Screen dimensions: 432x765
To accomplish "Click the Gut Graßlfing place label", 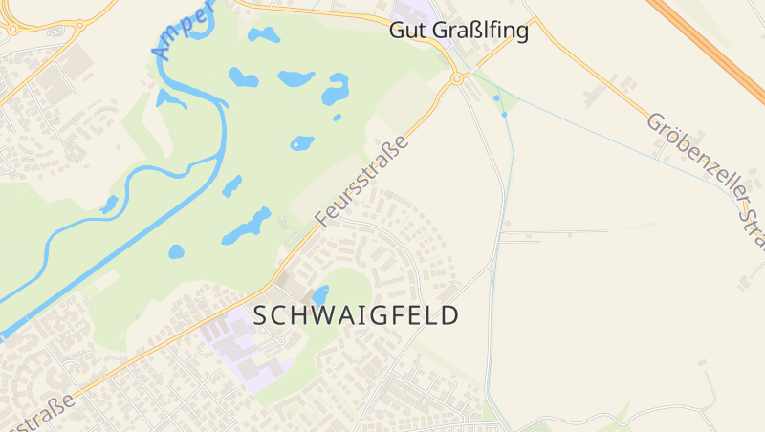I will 459,31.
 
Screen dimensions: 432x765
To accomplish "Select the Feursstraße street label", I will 361,182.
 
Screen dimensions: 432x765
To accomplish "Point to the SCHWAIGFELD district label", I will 357,315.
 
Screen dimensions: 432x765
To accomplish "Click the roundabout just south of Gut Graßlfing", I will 457,79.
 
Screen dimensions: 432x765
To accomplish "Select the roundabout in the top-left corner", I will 12,29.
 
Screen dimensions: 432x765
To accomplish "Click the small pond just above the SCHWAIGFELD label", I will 320,295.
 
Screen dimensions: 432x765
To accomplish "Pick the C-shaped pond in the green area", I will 335,90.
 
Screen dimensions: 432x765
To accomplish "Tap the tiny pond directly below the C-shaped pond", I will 337,118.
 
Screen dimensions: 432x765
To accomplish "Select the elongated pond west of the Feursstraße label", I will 248,227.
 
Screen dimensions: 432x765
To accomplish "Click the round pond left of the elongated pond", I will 176,252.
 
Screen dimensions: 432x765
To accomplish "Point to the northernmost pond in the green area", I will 264,35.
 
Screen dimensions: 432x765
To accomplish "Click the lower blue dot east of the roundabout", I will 504,115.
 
